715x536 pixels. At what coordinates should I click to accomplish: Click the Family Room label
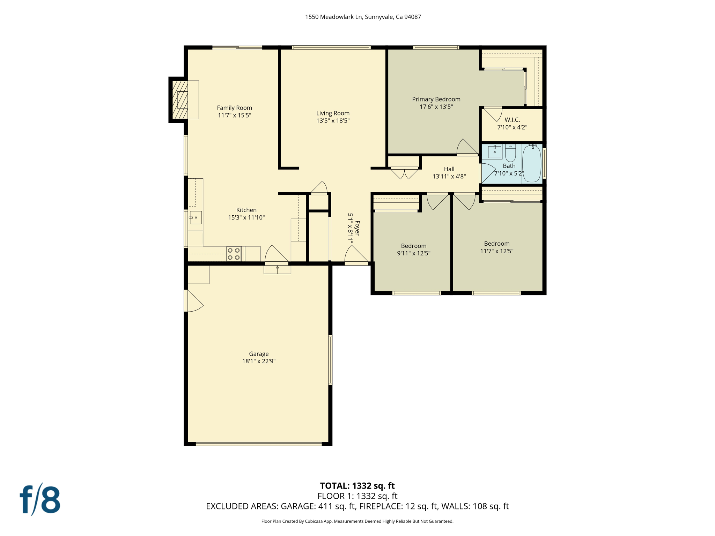coord(234,108)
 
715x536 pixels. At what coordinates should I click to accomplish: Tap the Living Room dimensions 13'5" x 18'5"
coord(332,121)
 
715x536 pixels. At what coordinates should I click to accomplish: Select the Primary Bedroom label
coord(436,99)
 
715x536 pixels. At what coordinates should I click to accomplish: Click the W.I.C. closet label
coord(512,120)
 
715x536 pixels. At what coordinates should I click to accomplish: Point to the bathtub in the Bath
coord(531,164)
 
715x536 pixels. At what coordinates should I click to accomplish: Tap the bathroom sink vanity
coord(494,152)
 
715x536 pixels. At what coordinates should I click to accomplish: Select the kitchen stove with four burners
coord(234,254)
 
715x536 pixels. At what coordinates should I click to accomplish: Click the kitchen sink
coord(196,217)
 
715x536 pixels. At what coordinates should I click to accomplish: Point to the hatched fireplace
coord(180,100)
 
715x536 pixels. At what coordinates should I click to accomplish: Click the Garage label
coord(259,354)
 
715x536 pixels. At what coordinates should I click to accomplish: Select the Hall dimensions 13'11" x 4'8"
coord(449,177)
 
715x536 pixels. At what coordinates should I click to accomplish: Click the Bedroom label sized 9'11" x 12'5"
coord(413,246)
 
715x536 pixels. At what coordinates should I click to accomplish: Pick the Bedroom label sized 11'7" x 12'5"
coord(496,244)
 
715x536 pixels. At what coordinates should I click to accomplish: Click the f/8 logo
coord(40,500)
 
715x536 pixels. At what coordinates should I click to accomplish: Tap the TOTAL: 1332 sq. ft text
coord(357,486)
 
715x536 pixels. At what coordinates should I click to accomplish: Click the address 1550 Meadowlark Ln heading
coord(363,17)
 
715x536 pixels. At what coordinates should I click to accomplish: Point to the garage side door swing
coord(194,301)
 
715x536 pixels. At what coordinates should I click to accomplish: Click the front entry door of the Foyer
coord(356,255)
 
